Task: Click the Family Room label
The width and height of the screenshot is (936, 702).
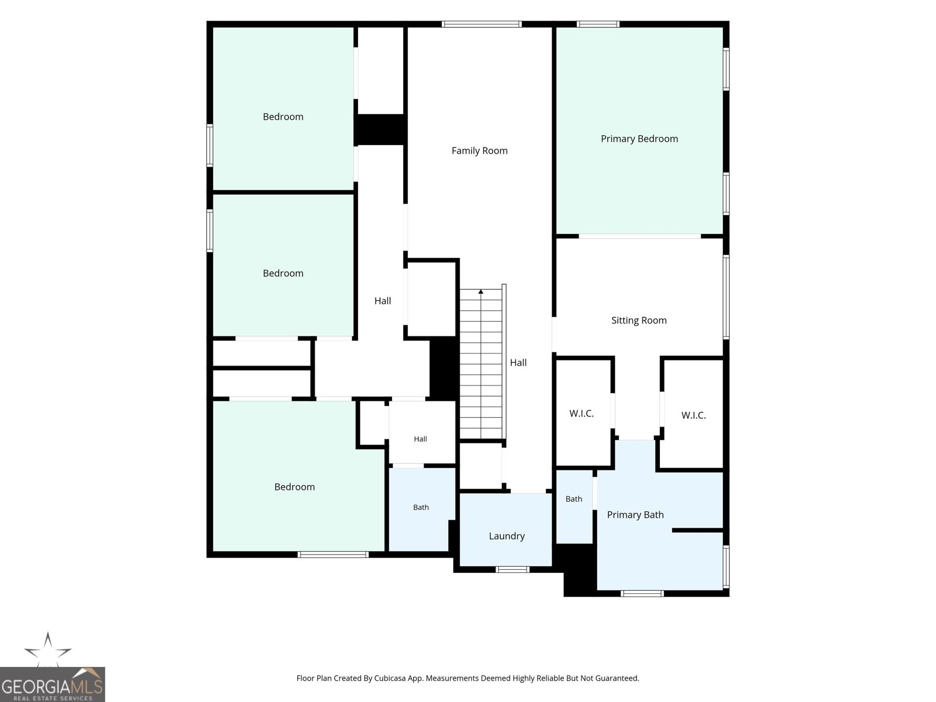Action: [x=479, y=150]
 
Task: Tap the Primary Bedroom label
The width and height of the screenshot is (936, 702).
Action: [x=639, y=139]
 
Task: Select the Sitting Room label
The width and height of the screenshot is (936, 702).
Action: [x=639, y=321]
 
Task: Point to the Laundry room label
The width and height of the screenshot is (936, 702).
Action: [x=507, y=536]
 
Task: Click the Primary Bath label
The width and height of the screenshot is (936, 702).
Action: [x=635, y=515]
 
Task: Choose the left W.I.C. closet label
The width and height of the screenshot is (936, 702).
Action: [x=581, y=414]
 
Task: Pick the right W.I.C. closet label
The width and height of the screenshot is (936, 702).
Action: [x=693, y=415]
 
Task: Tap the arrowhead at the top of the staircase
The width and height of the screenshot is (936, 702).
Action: [x=481, y=291]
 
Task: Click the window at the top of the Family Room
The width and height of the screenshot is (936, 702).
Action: [x=481, y=25]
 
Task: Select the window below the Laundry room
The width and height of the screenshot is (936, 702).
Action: [x=512, y=569]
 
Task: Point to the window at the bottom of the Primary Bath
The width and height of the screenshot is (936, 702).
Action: [x=642, y=594]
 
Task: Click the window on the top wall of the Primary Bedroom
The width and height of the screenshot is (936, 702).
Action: [x=598, y=25]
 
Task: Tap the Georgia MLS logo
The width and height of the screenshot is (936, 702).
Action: [x=53, y=684]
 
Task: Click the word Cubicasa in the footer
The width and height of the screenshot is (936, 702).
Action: [x=390, y=678]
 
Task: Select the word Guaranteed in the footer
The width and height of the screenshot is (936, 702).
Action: [x=617, y=678]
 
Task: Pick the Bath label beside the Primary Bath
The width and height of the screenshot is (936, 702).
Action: [x=573, y=499]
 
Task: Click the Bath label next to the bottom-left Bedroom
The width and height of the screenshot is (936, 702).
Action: [x=421, y=507]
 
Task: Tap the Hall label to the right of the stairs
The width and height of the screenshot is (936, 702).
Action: [x=518, y=363]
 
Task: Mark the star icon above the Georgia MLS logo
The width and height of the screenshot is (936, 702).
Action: [x=48, y=649]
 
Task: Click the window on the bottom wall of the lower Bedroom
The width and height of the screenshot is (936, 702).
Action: [x=333, y=555]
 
